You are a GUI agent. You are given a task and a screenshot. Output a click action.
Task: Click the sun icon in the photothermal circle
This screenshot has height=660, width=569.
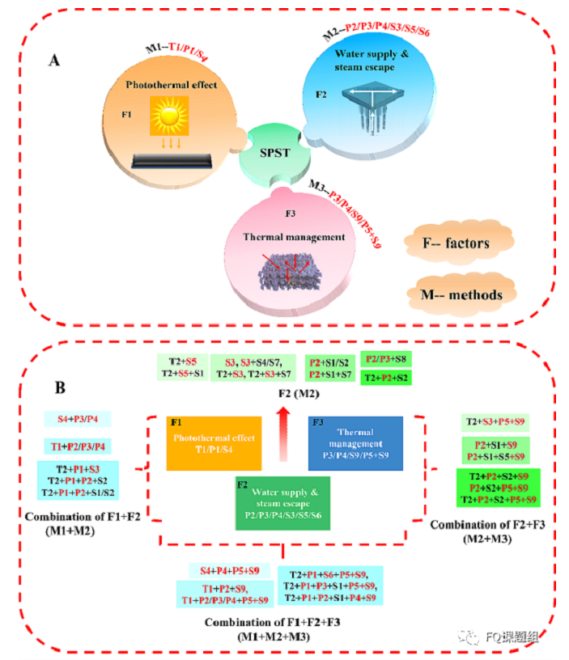coord(169,119)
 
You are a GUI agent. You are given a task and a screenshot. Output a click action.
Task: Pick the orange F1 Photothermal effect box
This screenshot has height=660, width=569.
coord(214,442)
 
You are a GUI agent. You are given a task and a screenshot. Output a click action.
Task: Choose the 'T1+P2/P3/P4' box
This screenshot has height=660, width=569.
coord(79,446)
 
